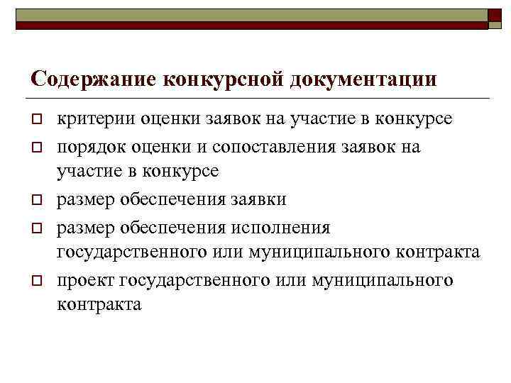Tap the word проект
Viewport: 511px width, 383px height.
86,279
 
